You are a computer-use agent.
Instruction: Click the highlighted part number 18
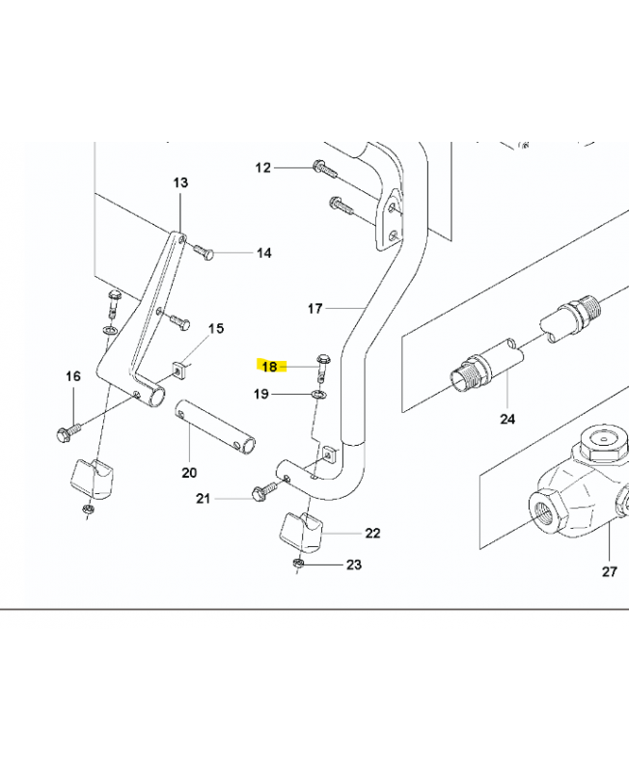270,367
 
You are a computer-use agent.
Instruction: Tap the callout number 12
263,168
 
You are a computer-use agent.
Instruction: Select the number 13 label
180,182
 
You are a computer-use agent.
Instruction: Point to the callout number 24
507,419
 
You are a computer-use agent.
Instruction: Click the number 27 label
610,571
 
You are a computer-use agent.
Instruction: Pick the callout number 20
189,473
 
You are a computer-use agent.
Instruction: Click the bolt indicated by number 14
203,252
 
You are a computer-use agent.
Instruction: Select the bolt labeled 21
264,491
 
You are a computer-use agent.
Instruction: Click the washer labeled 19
318,394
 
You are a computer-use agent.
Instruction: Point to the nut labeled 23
297,563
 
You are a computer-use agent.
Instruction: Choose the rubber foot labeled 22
301,533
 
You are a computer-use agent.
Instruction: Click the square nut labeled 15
178,370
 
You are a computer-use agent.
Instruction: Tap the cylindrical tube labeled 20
214,427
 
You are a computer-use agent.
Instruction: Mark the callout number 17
315,309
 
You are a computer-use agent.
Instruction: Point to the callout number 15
216,328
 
